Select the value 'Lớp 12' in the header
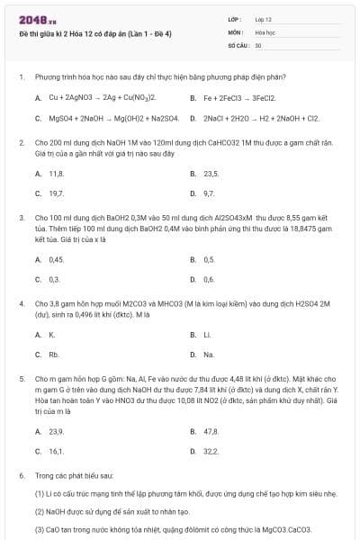(264, 19)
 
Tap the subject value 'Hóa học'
(265, 31)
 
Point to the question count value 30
(258, 44)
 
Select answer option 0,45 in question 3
(56, 259)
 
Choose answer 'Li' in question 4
(207, 335)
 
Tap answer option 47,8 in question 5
(211, 431)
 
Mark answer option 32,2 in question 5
(211, 451)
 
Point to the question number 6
(21, 473)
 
